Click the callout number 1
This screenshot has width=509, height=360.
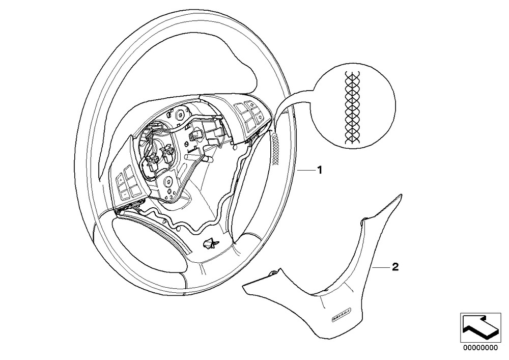click(x=320, y=171)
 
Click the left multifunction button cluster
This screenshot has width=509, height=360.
click(x=127, y=186)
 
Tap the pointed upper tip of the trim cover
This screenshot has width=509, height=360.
click(x=400, y=196)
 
